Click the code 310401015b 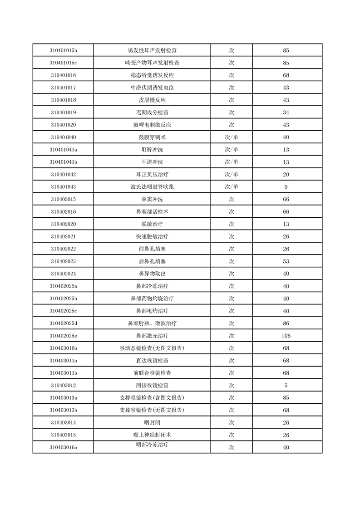pos(63,50)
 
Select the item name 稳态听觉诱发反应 pos(152,75)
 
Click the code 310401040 pos(63,137)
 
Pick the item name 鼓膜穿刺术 pos(152,137)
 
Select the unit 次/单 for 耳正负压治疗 pos(231,174)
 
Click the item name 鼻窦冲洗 pos(152,199)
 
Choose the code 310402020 pos(63,224)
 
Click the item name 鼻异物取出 pos(152,274)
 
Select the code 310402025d pos(63,323)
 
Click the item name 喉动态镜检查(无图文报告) pos(152,348)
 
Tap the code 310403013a pos(63,398)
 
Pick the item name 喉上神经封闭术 pos(152,435)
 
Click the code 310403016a pos(63,447)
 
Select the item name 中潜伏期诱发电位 pos(152,88)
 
